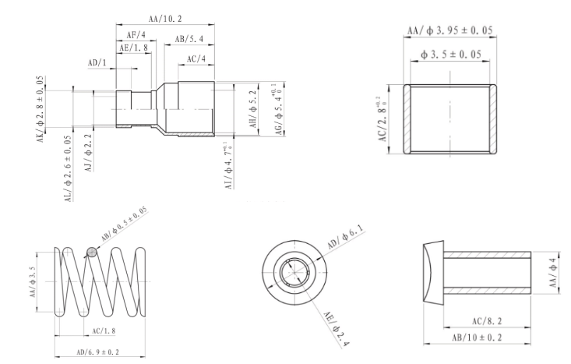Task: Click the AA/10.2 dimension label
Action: coord(165,19)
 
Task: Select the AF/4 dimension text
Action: coord(136,35)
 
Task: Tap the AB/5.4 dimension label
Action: coord(189,39)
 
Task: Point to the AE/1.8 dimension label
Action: coord(134,48)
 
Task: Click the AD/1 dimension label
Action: coord(97,62)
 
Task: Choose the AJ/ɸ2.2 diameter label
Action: coord(89,152)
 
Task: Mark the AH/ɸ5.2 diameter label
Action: coord(253,109)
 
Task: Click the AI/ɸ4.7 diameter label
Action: coord(228,166)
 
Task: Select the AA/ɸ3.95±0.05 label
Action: coord(449,30)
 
